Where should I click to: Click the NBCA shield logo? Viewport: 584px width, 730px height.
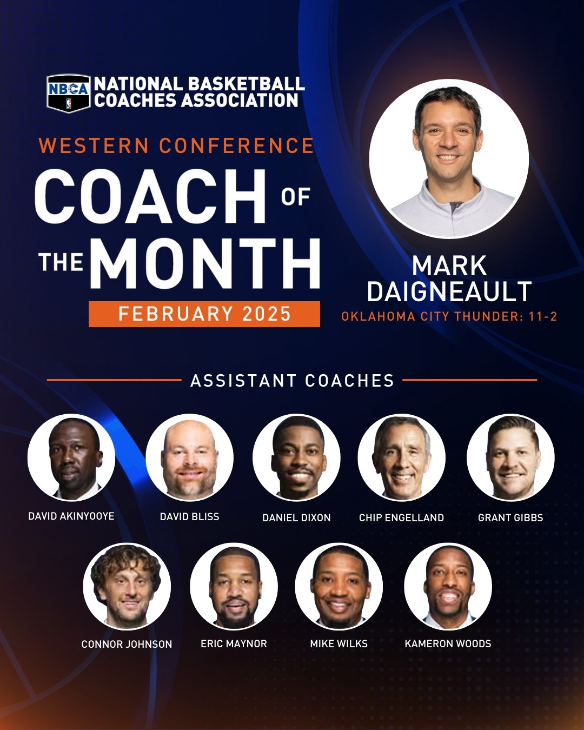[x=69, y=94]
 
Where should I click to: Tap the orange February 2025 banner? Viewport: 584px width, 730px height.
[x=204, y=314]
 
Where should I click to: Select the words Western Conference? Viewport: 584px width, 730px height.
[x=176, y=145]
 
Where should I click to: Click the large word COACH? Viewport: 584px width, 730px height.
[x=150, y=196]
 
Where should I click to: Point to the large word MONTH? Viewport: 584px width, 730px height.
[x=205, y=263]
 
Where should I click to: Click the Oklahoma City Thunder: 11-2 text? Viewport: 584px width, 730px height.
[x=449, y=316]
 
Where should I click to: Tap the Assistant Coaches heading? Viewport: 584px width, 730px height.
[x=292, y=381]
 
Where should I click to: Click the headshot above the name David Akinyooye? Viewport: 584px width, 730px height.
[x=71, y=457]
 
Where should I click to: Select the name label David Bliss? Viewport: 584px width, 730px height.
[x=189, y=516]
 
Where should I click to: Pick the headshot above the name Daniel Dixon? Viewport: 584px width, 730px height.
[x=296, y=457]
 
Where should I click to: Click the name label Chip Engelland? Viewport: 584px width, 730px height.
[x=401, y=517]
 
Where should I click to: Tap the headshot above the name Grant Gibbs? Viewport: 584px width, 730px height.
[x=510, y=457]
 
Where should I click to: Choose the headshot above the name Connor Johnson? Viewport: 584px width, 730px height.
[x=127, y=587]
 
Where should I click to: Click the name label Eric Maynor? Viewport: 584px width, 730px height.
[x=234, y=643]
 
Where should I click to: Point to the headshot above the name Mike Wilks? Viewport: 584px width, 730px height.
[x=339, y=587]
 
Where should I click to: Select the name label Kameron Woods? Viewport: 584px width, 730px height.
[x=448, y=643]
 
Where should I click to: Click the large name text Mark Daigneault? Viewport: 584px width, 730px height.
[x=449, y=278]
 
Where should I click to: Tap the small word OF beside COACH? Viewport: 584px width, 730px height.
[x=296, y=197]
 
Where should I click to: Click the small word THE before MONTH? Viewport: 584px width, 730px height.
[x=61, y=262]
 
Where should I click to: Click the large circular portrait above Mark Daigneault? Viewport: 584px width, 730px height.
[x=449, y=159]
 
